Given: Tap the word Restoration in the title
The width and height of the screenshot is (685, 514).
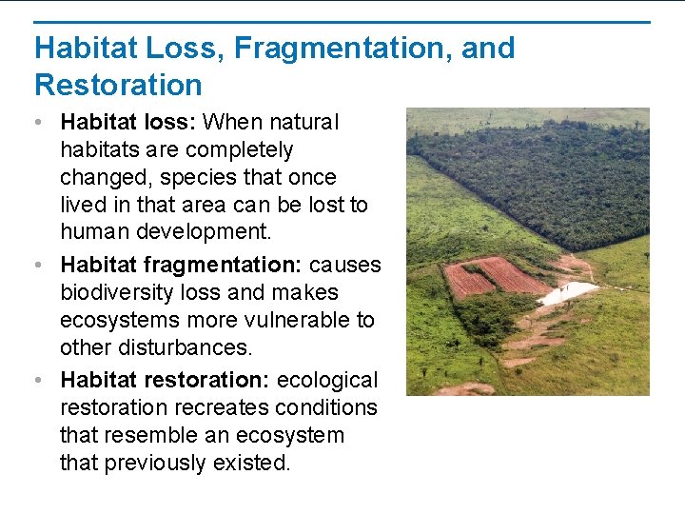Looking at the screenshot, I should pyautogui.click(x=118, y=85).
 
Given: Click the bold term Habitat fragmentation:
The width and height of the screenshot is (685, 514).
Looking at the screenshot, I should pyautogui.click(x=181, y=265).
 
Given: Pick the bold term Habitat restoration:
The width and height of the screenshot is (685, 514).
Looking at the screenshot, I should pyautogui.click(x=166, y=380).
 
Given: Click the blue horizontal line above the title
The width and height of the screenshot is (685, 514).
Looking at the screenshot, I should pyautogui.click(x=342, y=22).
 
